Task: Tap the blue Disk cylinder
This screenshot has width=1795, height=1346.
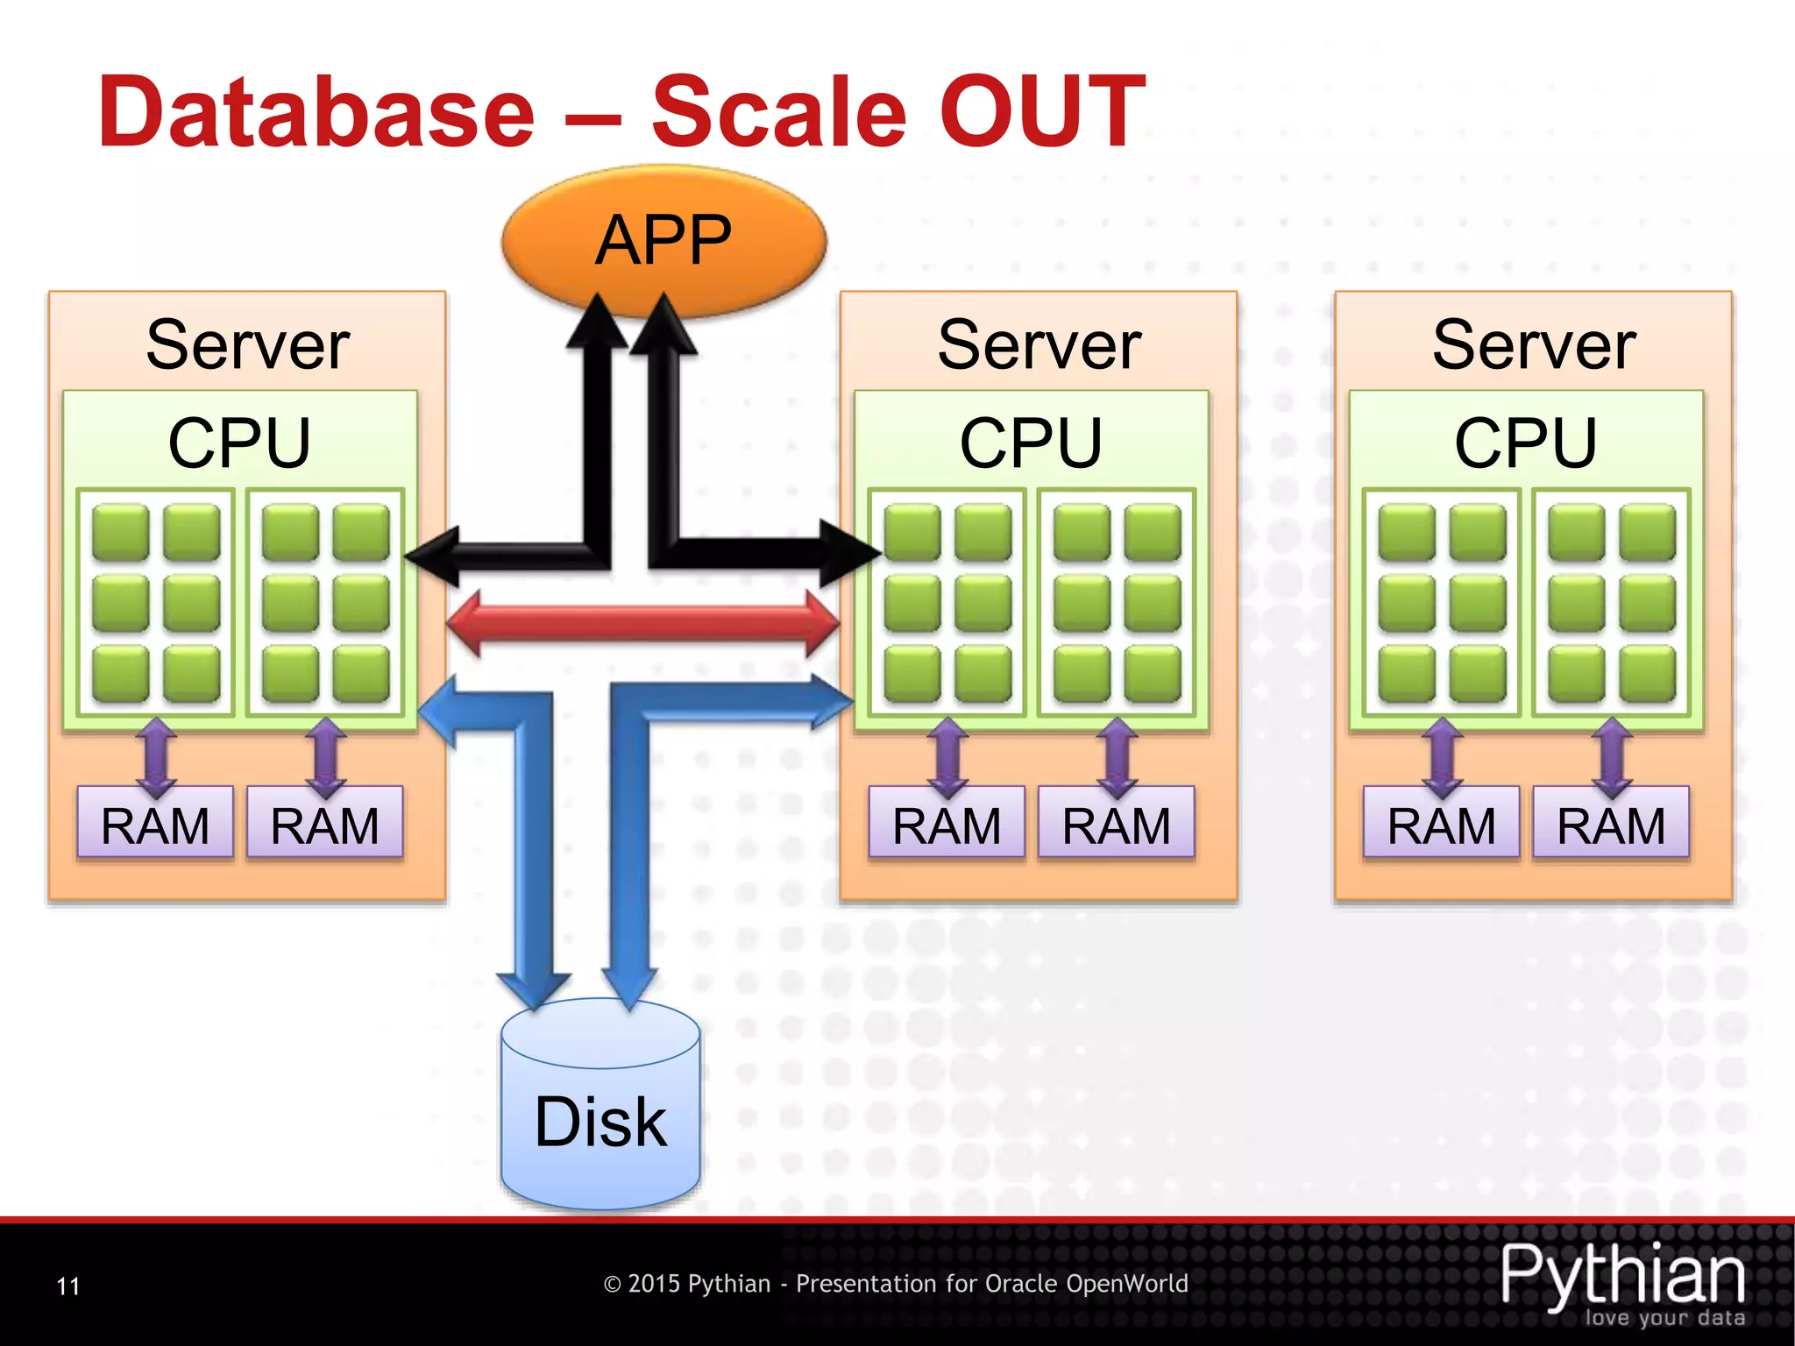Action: (x=600, y=1113)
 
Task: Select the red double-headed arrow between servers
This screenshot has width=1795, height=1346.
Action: (x=642, y=623)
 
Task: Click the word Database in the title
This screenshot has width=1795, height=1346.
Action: (x=316, y=112)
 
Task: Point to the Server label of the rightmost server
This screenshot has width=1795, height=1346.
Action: (x=1533, y=344)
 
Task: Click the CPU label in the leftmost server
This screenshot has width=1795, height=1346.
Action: (x=239, y=442)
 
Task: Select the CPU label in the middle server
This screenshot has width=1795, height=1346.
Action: (x=1031, y=442)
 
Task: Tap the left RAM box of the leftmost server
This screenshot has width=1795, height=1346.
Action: (x=155, y=823)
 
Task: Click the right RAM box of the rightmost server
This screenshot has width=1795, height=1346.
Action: (x=1611, y=823)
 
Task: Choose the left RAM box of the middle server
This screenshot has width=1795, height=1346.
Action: (x=947, y=823)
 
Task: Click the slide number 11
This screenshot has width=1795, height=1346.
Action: (x=67, y=1286)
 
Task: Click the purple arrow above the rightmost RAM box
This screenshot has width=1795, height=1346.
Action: (x=1611, y=756)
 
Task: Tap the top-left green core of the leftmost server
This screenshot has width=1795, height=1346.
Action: (x=120, y=532)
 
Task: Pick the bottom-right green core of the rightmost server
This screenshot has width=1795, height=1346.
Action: (x=1647, y=674)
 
